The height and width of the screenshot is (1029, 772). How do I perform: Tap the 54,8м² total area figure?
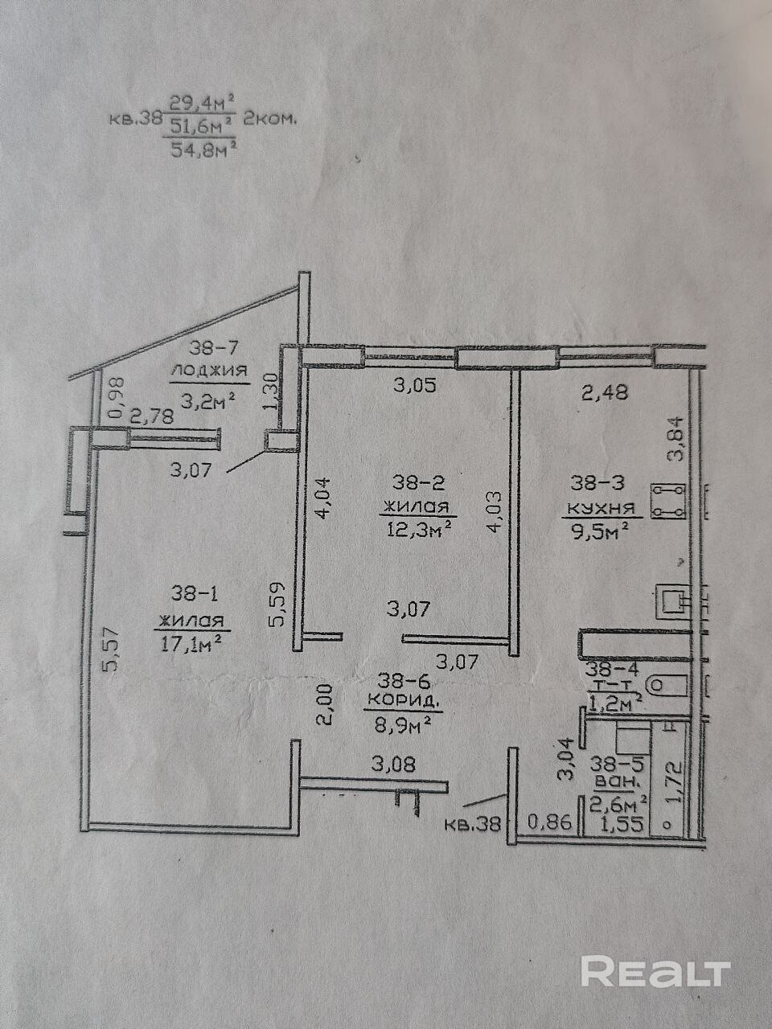tap(203, 150)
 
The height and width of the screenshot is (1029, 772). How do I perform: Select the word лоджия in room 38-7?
tap(209, 371)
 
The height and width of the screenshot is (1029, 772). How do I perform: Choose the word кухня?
tap(602, 508)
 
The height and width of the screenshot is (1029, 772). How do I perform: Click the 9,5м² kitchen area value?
tap(602, 531)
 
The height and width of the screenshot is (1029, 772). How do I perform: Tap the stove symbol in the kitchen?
tap(668, 501)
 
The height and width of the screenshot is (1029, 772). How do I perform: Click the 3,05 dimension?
tap(414, 385)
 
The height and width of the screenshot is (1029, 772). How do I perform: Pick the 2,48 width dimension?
tap(604, 392)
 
